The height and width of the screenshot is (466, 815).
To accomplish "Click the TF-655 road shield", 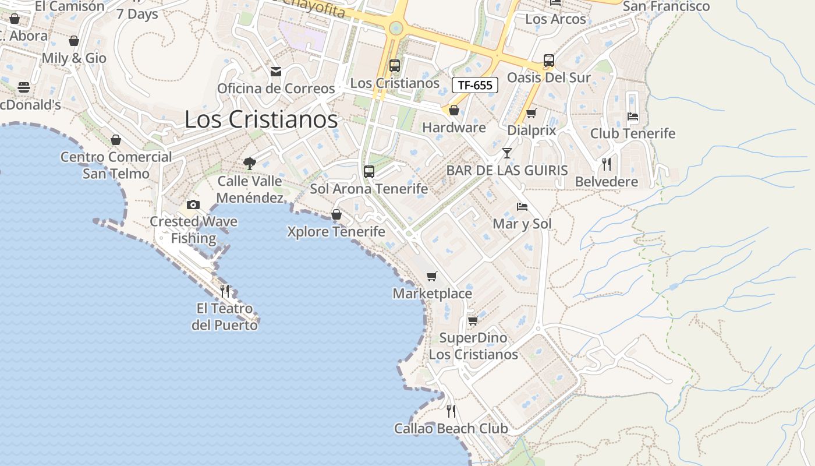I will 475,85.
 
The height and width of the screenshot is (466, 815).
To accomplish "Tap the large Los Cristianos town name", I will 261,119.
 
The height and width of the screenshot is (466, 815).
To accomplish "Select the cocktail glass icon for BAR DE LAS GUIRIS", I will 507,153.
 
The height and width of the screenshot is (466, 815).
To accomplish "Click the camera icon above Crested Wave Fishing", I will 193,204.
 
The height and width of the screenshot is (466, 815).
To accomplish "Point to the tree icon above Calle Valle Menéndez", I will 250,163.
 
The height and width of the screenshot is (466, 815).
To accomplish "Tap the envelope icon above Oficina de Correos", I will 276,71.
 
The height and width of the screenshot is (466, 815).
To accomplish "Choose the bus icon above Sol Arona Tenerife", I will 368,171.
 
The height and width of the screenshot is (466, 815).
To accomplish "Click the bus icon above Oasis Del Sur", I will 548,60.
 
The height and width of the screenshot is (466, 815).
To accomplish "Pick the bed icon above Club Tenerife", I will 633,116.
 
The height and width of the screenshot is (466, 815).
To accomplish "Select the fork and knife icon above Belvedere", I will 607,164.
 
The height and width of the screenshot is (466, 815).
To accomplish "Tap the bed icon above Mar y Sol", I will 522,207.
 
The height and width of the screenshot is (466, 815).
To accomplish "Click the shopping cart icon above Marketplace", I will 431,276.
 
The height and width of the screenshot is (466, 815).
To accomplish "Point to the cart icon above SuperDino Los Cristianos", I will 473,320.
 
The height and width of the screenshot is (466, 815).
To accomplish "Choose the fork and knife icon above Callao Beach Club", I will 451,411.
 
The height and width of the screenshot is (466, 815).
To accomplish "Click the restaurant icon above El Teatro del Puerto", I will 225,291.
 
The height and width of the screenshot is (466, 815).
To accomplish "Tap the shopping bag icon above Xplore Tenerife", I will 336,214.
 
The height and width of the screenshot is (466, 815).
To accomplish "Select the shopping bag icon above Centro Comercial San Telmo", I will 116,140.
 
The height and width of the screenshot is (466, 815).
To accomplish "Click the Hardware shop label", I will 454,128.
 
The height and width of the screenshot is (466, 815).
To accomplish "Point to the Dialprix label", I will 531,130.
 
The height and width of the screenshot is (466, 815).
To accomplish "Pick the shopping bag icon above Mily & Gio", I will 74,41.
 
